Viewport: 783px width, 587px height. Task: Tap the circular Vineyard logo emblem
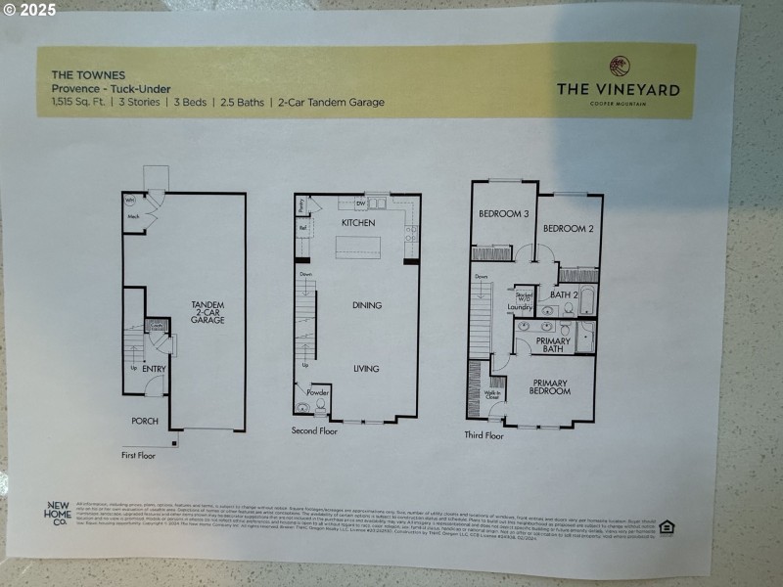619,66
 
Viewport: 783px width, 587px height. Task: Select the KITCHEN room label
357,223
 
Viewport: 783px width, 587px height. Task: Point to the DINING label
366,305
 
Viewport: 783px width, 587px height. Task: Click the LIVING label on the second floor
366,369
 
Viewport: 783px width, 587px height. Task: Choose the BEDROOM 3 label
503,213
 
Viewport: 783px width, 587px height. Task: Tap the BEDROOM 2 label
569,229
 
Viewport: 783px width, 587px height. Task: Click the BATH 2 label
564,293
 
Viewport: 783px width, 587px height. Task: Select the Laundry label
520,307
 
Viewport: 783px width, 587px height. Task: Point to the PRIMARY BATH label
553,344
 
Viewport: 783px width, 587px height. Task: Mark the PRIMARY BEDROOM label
550,386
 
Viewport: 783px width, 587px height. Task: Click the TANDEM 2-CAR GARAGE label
207,313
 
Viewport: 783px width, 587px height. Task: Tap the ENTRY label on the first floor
153,369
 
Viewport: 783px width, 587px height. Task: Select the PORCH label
145,421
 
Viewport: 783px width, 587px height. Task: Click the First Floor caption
141,456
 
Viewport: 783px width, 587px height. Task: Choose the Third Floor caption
484,435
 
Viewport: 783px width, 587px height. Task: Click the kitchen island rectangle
357,248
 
